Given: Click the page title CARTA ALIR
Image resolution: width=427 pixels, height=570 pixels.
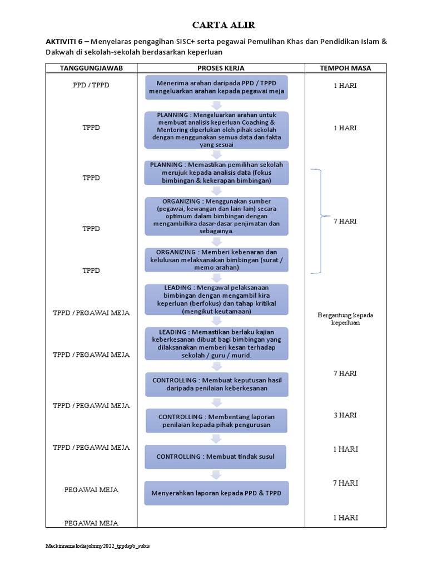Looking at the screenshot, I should (216, 25).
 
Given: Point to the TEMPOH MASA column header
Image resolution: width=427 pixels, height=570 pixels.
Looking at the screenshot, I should (345, 68).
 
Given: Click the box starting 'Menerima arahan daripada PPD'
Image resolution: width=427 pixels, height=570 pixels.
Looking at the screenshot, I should (216, 87).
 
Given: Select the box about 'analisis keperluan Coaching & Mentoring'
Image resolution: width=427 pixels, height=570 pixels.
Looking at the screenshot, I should (216, 130).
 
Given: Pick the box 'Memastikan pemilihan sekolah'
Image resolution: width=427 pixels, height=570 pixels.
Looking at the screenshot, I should (216, 173).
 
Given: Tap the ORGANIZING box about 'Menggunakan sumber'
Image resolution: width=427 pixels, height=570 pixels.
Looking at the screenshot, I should (216, 216).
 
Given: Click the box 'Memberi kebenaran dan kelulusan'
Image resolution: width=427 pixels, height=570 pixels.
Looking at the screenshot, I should (216, 259).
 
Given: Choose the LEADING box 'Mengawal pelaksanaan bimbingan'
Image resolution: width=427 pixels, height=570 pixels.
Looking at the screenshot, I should (216, 299).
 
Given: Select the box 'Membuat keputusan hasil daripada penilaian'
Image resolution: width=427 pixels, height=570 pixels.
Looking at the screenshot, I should (216, 384).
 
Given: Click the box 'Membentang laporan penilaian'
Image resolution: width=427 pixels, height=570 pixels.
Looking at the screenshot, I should (216, 421).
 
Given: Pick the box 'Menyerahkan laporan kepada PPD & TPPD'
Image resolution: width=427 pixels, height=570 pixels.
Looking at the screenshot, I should (216, 493).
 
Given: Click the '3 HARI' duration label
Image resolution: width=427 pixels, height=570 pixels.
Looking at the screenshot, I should (345, 415).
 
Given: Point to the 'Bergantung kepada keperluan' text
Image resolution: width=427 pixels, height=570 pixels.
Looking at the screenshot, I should (345, 319).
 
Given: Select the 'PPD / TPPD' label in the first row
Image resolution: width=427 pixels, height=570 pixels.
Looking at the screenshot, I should (91, 86).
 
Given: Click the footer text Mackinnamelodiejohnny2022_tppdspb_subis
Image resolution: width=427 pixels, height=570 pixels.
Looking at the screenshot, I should (97, 546).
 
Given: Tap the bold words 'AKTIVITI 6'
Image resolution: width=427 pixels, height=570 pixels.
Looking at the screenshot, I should (63, 41).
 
